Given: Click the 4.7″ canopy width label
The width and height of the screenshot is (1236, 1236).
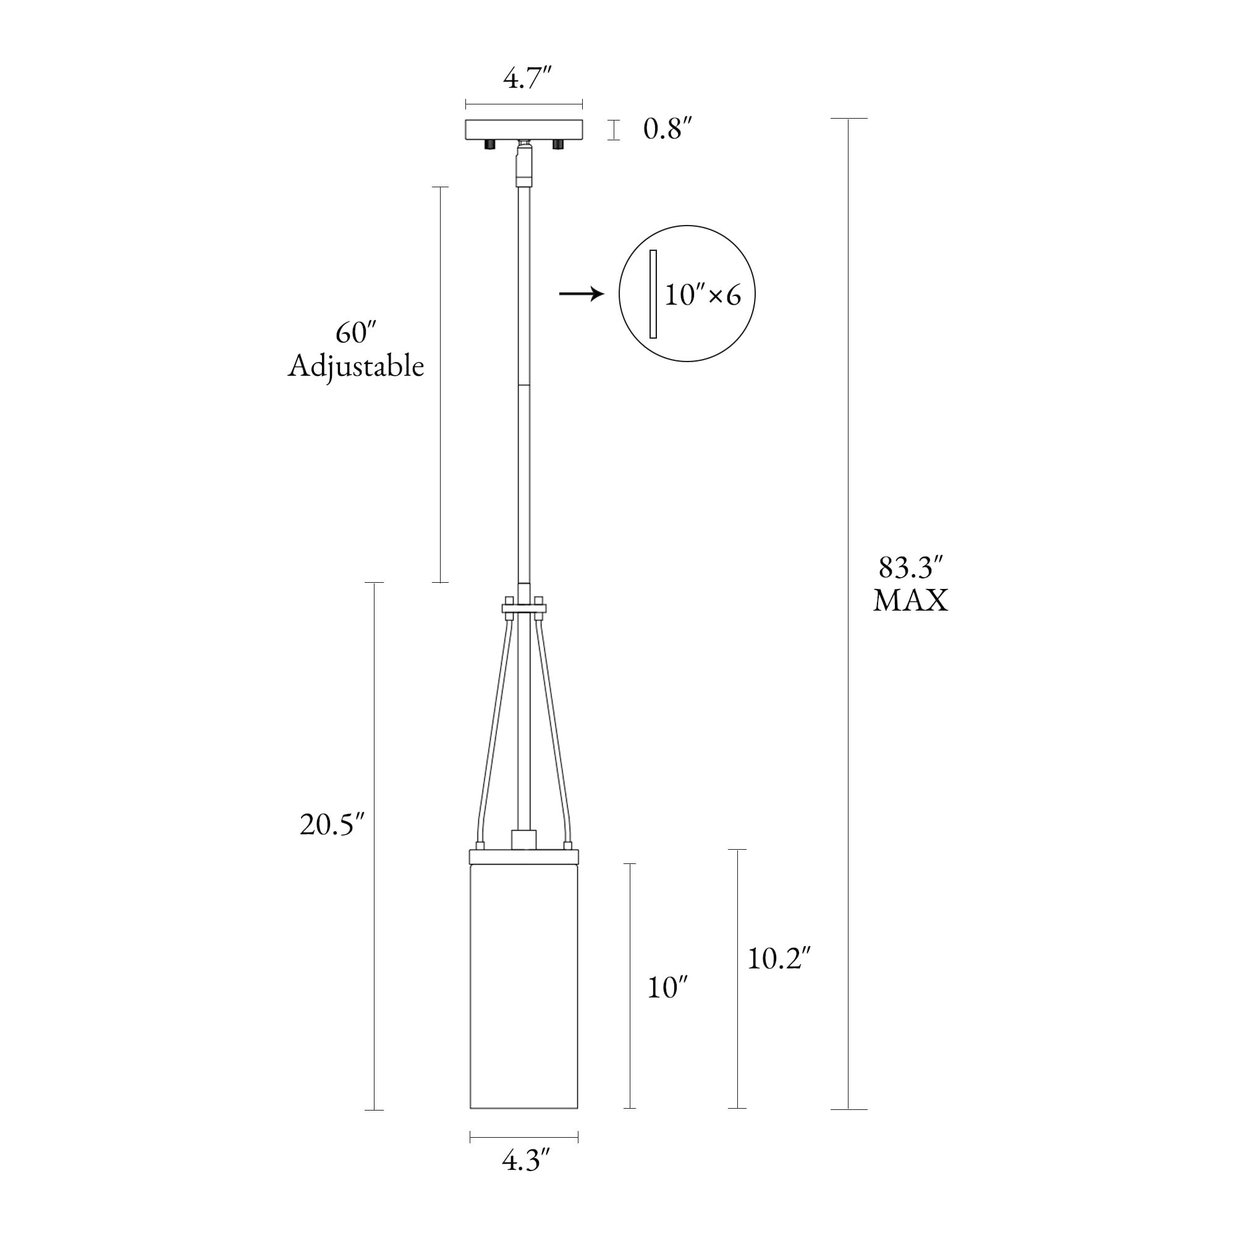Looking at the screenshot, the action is click(x=527, y=78).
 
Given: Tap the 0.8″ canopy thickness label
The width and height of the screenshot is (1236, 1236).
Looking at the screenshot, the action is click(x=668, y=129).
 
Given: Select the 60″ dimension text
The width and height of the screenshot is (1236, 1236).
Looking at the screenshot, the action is click(x=355, y=332).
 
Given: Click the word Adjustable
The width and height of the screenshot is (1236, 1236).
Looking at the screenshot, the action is click(x=356, y=367).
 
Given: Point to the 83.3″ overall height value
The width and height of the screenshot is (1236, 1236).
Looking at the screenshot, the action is click(x=911, y=567).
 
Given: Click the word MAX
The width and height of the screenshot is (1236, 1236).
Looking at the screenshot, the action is click(x=911, y=601).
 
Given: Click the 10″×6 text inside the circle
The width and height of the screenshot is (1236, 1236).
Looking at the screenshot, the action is click(x=703, y=295).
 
